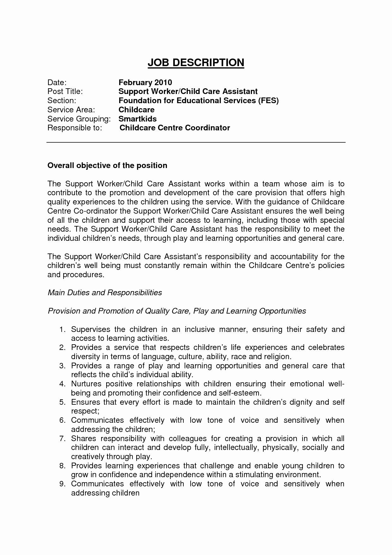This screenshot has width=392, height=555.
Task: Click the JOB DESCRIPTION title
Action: (196, 63)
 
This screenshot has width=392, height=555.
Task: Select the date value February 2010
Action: (145, 83)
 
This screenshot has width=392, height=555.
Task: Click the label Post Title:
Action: (65, 91)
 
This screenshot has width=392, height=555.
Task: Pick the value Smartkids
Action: (138, 119)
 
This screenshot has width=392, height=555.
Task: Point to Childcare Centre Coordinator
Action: (175, 128)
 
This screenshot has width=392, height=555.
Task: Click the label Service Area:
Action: (71, 110)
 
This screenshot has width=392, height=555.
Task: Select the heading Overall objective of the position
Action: (107, 165)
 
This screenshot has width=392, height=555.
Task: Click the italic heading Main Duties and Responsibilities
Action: (105, 292)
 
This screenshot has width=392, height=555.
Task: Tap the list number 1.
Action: (62, 329)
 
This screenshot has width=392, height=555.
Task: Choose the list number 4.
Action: (62, 384)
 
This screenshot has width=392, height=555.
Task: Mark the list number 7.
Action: (62, 439)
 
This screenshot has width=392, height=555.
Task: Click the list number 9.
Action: (62, 484)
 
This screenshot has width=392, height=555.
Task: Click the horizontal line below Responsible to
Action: (196, 143)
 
